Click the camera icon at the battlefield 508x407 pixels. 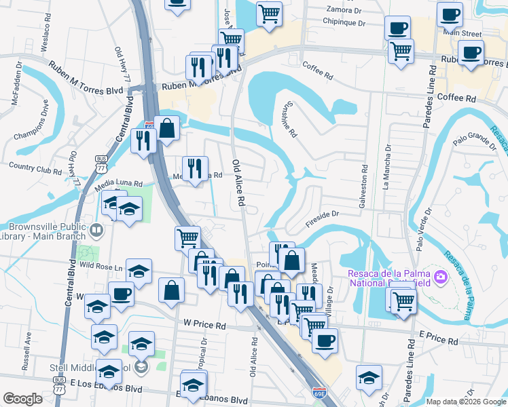point(440,277)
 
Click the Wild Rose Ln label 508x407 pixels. point(99,267)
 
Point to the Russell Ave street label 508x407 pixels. point(26,345)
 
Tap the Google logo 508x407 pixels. point(23,399)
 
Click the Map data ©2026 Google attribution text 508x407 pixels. point(466,402)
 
